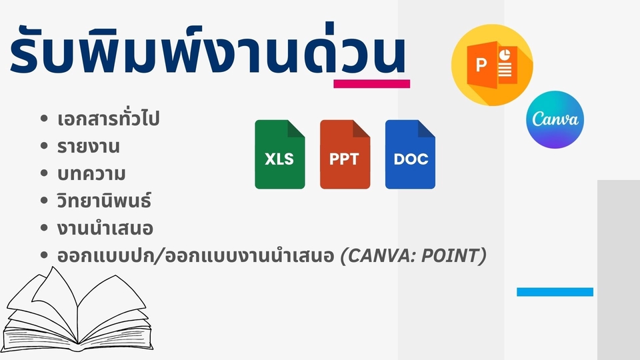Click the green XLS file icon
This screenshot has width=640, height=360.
pos(279,154)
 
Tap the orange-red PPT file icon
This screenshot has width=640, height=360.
pos(345,154)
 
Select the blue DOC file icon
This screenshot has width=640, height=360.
pos(410,154)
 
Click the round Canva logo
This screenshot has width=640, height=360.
pos(555,119)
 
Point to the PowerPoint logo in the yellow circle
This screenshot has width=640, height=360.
pos(492,65)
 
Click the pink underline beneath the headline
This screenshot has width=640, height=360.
pos(371,84)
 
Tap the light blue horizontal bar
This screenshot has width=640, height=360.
pos(555,292)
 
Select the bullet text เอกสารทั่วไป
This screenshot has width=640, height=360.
pos(108,120)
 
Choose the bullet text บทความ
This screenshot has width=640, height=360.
pos(92,173)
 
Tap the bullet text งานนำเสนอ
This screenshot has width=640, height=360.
pos(105,228)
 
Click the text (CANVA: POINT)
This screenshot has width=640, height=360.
pos(412,255)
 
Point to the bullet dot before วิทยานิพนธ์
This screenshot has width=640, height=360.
pos(45,201)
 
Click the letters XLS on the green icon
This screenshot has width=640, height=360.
pos(279,160)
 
